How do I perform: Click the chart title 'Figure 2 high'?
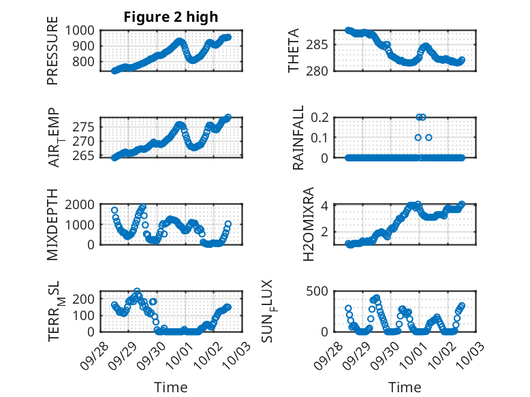pyautogui.click(x=170, y=17)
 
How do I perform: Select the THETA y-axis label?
pyautogui.click(x=294, y=51)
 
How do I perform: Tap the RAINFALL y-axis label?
pyautogui.click(x=298, y=137)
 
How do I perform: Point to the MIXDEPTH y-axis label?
pyautogui.click(x=52, y=224)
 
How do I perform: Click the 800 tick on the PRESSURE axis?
pyautogui.click(x=86, y=62)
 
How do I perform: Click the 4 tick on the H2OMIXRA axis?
pyautogui.click(x=328, y=206)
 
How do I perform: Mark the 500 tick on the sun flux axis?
pyautogui.click(x=322, y=291)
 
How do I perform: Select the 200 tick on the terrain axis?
pyautogui.click(x=86, y=298)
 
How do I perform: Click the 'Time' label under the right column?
pyautogui.click(x=405, y=387)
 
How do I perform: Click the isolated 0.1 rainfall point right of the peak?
pyautogui.click(x=428, y=138)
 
